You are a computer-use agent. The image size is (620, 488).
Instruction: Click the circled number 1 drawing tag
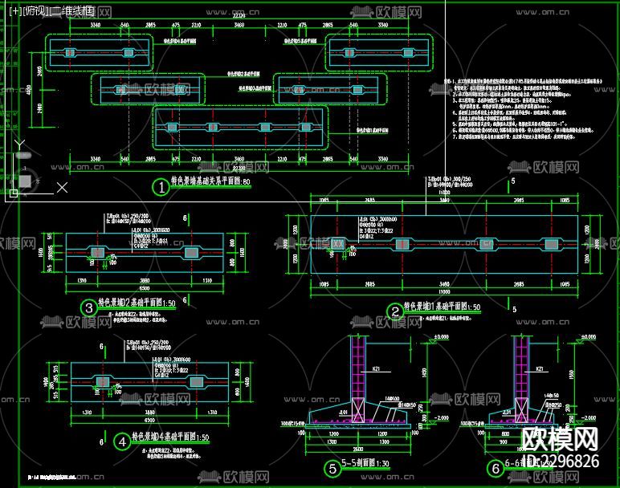tap(161, 188)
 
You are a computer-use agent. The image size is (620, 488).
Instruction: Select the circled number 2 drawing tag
tap(394, 311)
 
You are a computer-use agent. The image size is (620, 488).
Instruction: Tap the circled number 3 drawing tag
tap(88, 307)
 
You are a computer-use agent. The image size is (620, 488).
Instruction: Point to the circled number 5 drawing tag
tap(332, 468)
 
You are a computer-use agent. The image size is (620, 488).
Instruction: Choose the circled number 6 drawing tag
tap(484, 468)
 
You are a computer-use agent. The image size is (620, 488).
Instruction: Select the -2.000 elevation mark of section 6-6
tap(594, 417)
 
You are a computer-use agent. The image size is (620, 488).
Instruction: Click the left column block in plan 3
tap(97, 253)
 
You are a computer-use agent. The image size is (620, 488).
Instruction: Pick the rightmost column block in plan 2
tap(550, 244)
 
